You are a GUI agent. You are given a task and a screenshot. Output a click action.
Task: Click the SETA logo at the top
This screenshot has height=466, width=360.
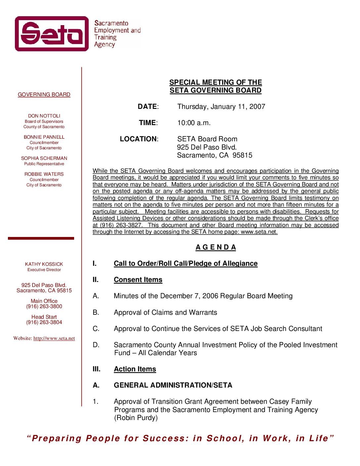pyautogui.click(x=52, y=34)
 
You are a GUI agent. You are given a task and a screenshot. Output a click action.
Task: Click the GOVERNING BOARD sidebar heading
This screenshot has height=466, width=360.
pyautogui.click(x=44, y=95)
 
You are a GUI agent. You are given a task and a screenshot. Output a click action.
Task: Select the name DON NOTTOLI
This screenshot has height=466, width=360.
pyautogui.click(x=44, y=116)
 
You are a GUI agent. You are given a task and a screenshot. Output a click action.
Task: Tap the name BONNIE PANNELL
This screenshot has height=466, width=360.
pyautogui.click(x=44, y=137)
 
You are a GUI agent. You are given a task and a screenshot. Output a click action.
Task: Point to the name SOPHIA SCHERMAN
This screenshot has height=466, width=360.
pyautogui.click(x=44, y=158)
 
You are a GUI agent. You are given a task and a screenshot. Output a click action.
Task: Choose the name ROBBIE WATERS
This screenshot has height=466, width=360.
pyautogui.click(x=44, y=174)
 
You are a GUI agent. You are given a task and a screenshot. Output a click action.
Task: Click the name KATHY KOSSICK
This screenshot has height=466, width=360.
pyautogui.click(x=44, y=264)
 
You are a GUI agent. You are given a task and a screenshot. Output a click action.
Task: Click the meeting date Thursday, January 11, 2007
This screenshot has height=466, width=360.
pyautogui.click(x=221, y=107)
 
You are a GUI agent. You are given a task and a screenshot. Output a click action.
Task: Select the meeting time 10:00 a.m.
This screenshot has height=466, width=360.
pyautogui.click(x=194, y=123)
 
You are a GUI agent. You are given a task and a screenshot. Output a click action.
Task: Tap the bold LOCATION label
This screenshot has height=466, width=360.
pyautogui.click(x=138, y=139)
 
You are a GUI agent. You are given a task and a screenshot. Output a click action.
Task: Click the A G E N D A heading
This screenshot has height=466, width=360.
pyautogui.click(x=216, y=247)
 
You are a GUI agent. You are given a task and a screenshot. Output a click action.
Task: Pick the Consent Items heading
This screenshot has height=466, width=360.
pyautogui.click(x=138, y=280)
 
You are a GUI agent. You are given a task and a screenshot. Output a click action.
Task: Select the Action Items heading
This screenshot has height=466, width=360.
pyautogui.click(x=135, y=369)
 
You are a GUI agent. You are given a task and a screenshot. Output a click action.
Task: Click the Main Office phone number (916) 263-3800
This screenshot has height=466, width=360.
pyautogui.click(x=44, y=306)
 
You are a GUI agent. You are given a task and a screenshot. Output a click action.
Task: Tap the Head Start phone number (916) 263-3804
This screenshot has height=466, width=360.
pyautogui.click(x=44, y=322)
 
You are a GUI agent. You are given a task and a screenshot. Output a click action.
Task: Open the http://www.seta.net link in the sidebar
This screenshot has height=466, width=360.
pyautogui.click(x=54, y=338)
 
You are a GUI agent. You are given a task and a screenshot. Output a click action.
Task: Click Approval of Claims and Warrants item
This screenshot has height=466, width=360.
pyautogui.click(x=165, y=312)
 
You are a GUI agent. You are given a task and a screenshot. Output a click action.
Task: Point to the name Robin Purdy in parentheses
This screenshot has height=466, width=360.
pyautogui.click(x=136, y=418)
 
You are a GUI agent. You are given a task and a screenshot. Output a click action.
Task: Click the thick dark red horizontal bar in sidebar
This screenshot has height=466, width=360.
pyautogui.click(x=41, y=238)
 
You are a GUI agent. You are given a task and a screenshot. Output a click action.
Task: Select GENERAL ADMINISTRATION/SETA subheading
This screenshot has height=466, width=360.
pyautogui.click(x=173, y=385)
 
